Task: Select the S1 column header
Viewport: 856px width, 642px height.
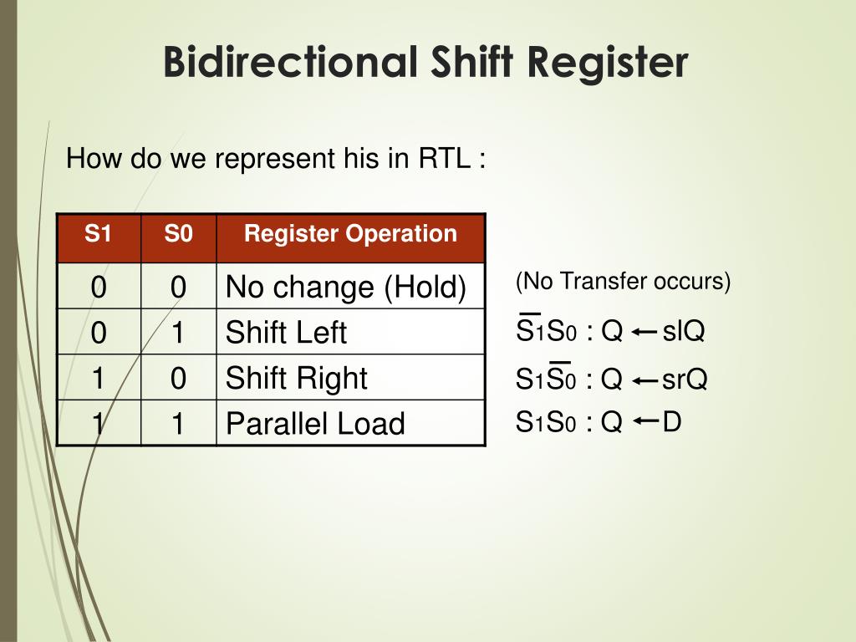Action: coord(98,235)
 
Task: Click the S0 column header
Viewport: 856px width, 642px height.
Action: coord(178,235)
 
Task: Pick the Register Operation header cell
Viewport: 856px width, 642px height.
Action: coord(350,235)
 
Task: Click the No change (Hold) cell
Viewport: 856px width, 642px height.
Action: coord(346,288)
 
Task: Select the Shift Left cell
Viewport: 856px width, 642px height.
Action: coord(286,333)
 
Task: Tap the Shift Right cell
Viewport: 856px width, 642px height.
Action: coord(297,378)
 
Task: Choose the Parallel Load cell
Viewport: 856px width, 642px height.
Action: coord(315,424)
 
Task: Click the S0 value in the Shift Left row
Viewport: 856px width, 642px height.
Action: coord(178,333)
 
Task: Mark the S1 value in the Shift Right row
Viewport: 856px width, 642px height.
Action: coord(99,378)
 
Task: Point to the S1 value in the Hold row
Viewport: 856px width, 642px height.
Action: coord(99,288)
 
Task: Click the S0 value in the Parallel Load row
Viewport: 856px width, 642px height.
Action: coord(178,424)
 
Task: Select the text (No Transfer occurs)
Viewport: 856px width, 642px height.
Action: coord(623,282)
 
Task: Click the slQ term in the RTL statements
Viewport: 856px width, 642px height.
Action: coord(684,332)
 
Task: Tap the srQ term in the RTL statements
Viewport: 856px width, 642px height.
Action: coord(685,380)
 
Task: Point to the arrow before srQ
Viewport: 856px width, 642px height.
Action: coord(644,380)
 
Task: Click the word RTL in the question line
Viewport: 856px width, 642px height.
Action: coord(444,158)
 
